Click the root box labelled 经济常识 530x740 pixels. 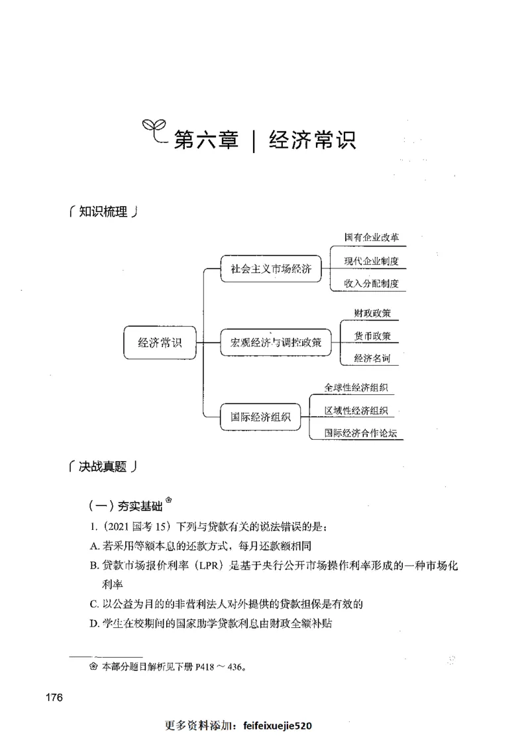click(x=160, y=343)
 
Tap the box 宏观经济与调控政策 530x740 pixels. click(x=276, y=343)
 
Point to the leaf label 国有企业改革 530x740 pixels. click(x=371, y=237)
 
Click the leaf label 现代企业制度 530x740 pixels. click(x=371, y=260)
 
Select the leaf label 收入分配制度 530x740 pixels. click(x=371, y=284)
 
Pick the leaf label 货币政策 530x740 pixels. click(x=372, y=336)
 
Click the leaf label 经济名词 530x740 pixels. click(x=372, y=358)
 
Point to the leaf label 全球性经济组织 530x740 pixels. click(x=356, y=388)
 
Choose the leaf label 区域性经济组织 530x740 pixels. click(x=356, y=411)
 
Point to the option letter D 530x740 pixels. click(x=93, y=623)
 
